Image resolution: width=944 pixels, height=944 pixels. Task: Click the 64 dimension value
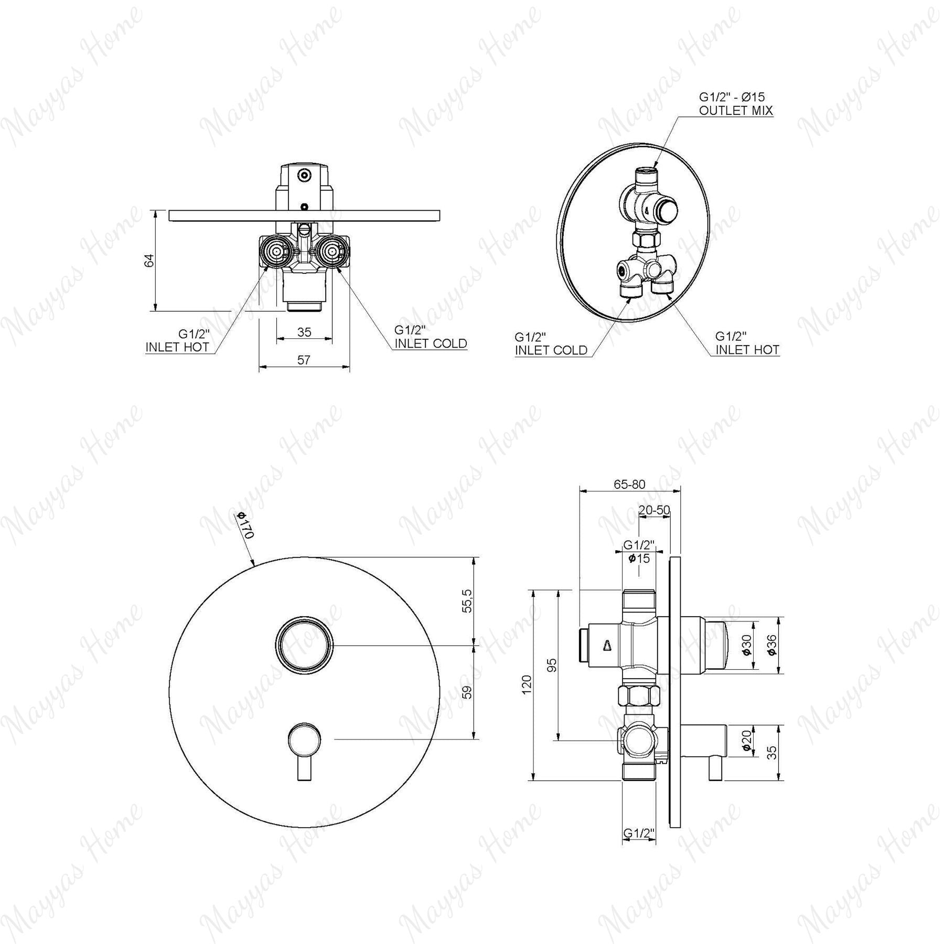coord(150,261)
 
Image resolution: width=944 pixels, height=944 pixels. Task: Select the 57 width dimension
coord(304,360)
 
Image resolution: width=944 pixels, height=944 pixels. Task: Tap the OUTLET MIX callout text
coord(736,110)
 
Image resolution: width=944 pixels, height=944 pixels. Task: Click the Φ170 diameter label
coord(245,524)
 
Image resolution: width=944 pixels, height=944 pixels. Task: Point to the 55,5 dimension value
coord(468,600)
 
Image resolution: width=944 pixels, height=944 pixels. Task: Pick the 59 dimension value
coord(468,692)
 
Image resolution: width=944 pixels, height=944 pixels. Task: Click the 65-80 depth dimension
coord(629,484)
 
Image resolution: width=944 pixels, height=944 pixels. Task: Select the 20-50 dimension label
coord(654,510)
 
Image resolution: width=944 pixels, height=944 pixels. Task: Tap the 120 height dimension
coord(527,684)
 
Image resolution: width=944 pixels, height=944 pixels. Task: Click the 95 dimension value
coord(552,665)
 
